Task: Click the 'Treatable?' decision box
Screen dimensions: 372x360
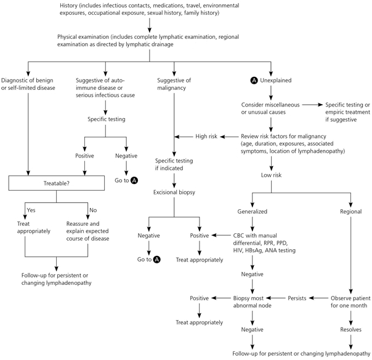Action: click(x=57, y=183)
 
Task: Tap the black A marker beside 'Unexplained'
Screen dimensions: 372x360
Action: click(x=254, y=81)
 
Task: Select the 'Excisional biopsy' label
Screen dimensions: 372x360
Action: click(x=174, y=192)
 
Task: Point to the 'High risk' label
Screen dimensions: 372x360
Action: click(x=206, y=136)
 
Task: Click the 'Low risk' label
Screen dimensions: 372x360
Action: click(x=271, y=175)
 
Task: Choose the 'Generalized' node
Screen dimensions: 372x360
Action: click(x=252, y=212)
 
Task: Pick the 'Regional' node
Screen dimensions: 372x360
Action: click(x=350, y=212)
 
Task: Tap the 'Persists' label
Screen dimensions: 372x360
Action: click(x=297, y=298)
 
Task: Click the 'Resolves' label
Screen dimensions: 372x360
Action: click(x=350, y=329)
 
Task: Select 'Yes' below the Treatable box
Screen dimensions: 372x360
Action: click(x=31, y=210)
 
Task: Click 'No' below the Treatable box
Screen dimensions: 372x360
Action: click(x=93, y=210)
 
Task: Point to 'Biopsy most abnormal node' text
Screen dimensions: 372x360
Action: click(x=252, y=302)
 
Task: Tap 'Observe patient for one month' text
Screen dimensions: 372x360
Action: click(x=350, y=302)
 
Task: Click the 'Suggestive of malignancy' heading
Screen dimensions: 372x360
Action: click(x=174, y=84)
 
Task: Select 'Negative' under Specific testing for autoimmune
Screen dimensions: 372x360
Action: click(x=126, y=156)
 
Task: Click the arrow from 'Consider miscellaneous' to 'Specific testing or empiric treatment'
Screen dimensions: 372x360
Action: click(x=312, y=105)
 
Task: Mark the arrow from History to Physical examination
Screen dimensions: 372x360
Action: click(x=150, y=25)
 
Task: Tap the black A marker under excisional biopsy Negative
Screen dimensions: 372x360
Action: click(x=156, y=260)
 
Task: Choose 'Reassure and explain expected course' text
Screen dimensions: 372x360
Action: click(x=87, y=231)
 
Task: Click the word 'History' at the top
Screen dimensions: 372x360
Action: click(x=68, y=6)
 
